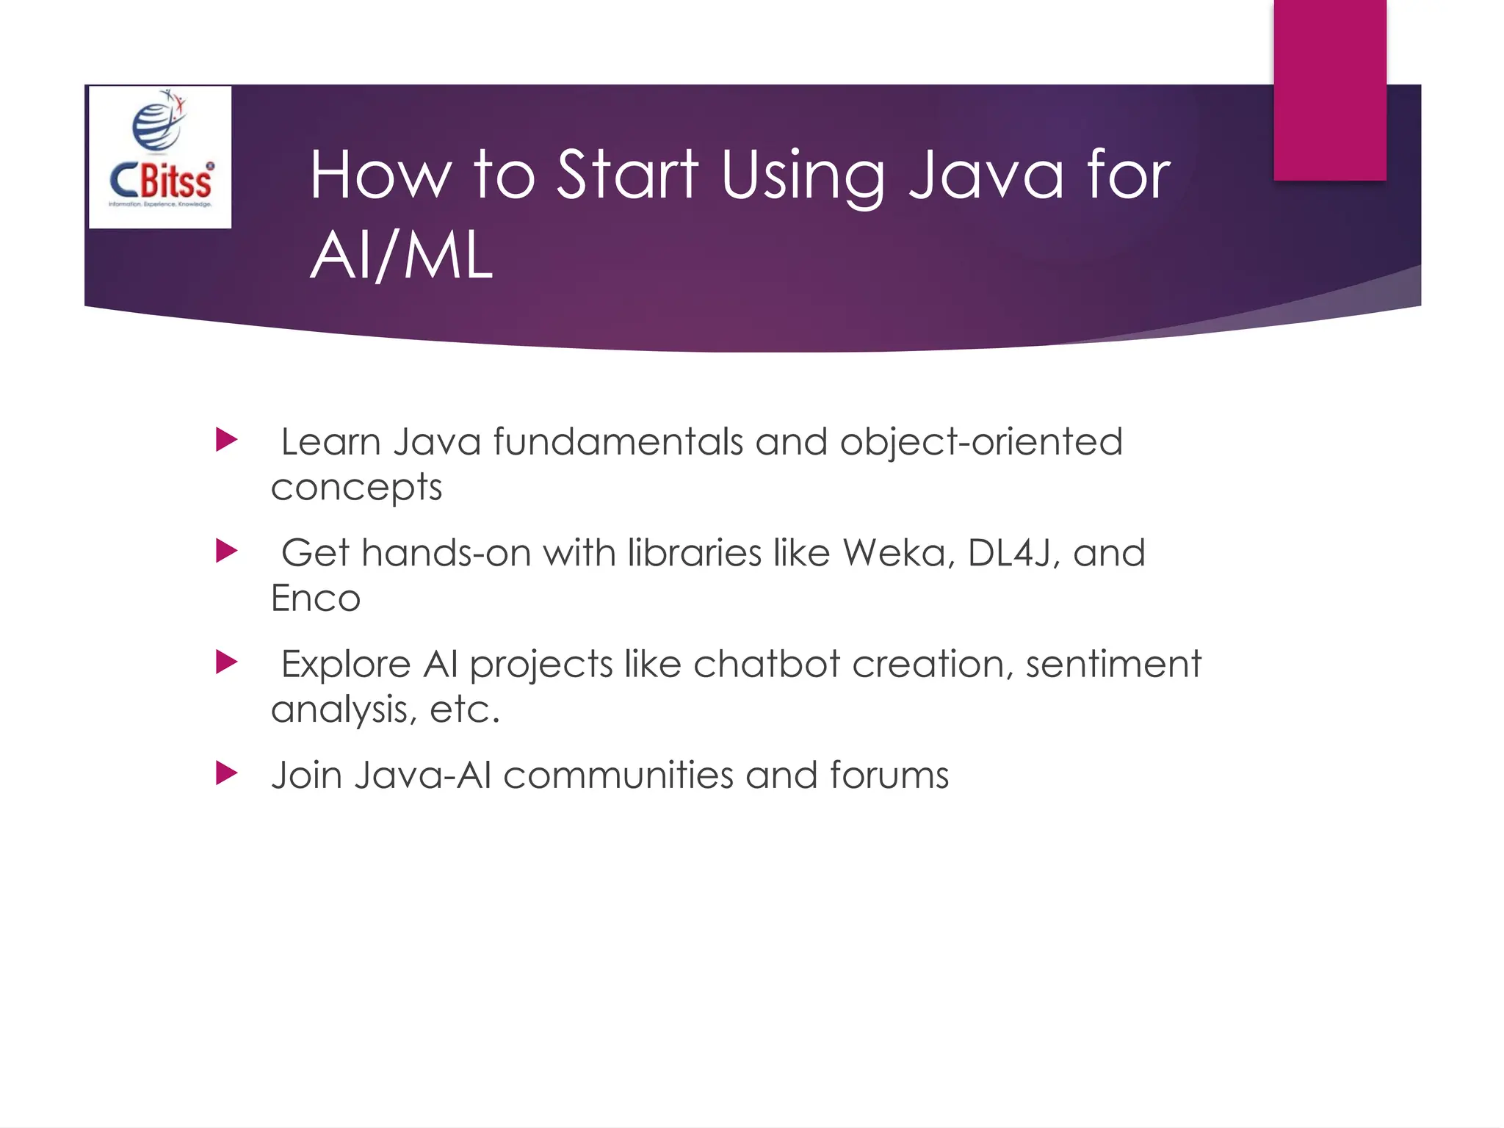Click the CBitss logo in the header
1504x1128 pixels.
click(x=160, y=157)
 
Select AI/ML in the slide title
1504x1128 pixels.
click(x=401, y=256)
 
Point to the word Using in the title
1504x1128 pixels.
click(x=803, y=176)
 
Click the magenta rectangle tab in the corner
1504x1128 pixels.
click(x=1329, y=90)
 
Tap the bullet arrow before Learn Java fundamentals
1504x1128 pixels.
click(x=226, y=441)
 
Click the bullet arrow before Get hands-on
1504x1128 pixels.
click(x=226, y=552)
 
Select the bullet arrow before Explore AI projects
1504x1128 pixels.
click(x=226, y=662)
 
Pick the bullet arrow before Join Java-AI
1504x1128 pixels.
click(x=226, y=773)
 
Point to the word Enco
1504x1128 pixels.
click(x=316, y=598)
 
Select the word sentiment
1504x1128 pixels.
click(x=1113, y=664)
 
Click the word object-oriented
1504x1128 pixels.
click(x=981, y=442)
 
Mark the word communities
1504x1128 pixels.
click(x=618, y=775)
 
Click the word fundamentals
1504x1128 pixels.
click(x=618, y=442)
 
